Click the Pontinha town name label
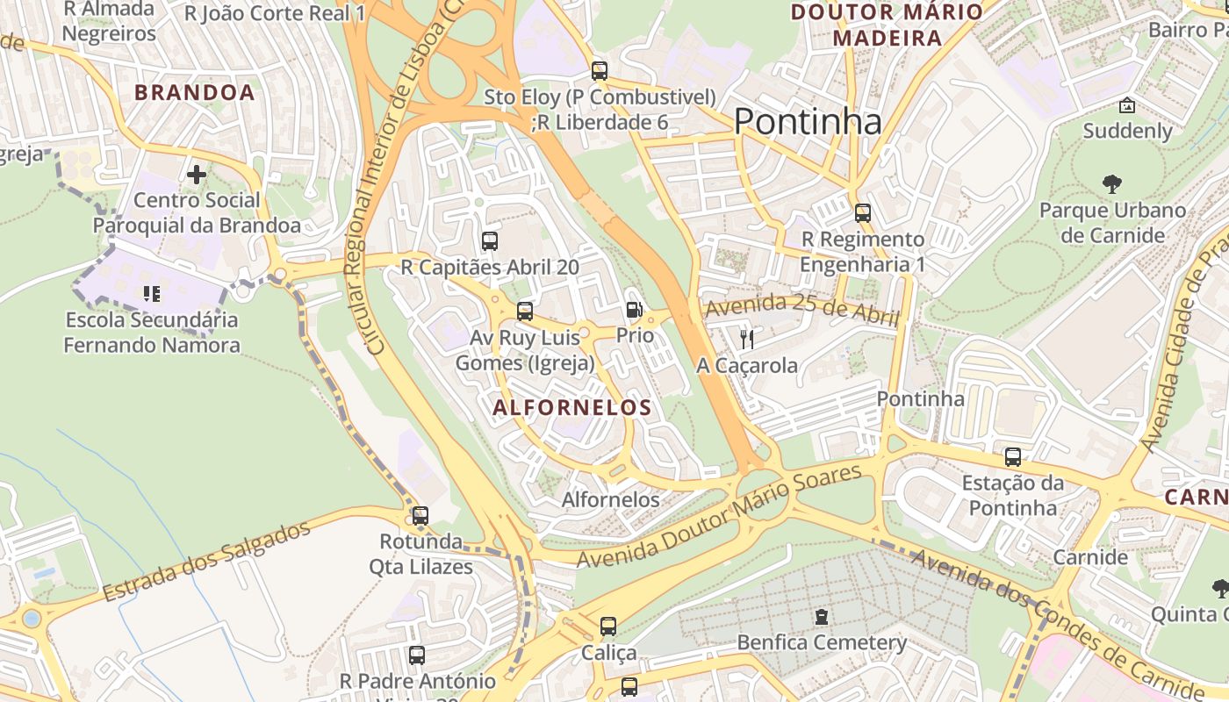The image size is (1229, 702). coord(807,121)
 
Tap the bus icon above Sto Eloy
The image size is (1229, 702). coord(600,71)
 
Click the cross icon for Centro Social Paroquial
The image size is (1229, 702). coord(197,175)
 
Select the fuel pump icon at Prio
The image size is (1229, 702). coord(634,309)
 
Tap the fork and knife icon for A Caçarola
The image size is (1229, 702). coord(747,339)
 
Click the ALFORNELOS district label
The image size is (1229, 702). coord(572,407)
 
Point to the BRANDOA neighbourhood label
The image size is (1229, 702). coord(194,93)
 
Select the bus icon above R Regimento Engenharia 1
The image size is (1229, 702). coord(863,213)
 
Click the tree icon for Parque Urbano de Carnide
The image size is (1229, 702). coord(1112,184)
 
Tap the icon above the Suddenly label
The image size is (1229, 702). coord(1127,106)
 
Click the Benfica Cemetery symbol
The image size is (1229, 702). coord(821,617)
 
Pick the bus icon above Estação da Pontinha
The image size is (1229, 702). coord(1013,457)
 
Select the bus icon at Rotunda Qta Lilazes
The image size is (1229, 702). coord(420,516)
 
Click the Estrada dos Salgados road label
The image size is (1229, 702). coord(206,562)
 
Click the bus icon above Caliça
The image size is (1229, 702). coord(608,627)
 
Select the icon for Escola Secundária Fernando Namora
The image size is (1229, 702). coord(151,294)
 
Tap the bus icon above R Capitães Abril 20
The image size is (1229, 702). coord(490,240)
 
